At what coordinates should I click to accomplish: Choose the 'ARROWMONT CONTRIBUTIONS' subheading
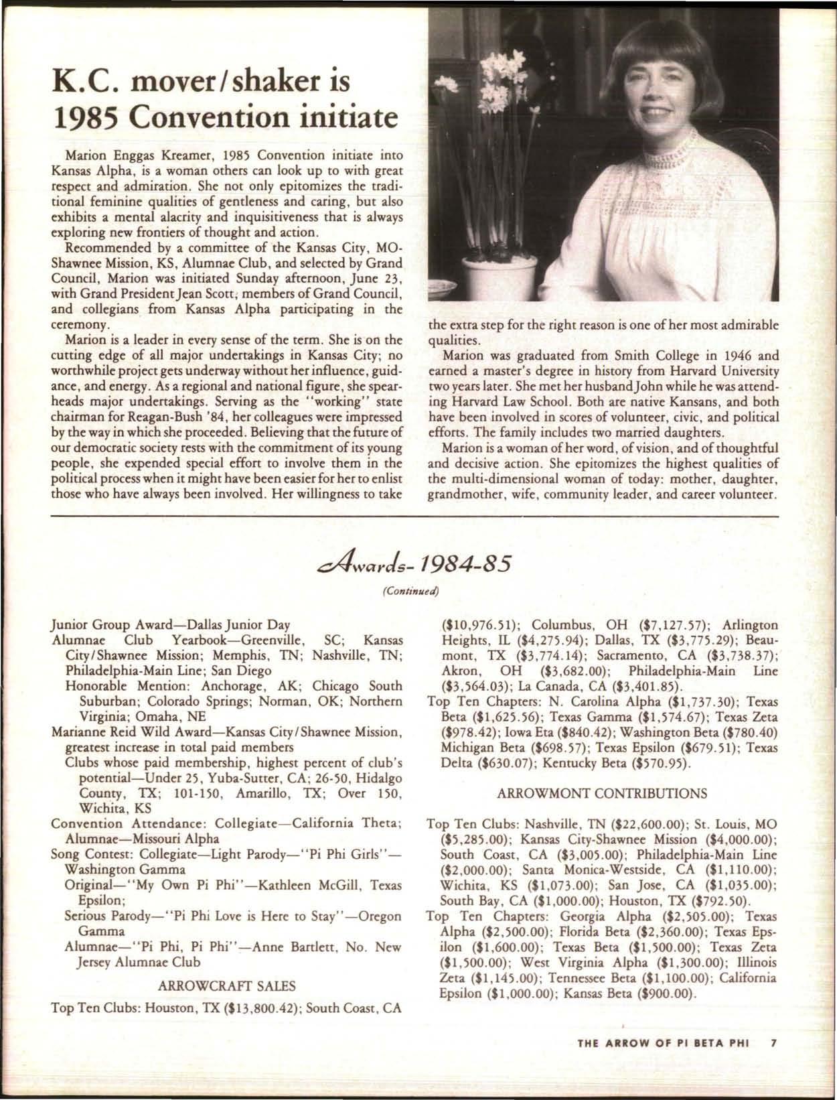603,793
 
